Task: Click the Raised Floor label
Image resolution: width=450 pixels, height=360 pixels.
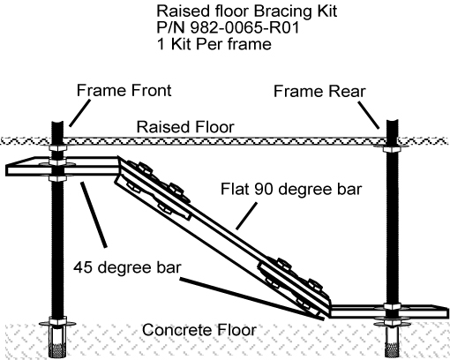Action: pyautogui.click(x=185, y=128)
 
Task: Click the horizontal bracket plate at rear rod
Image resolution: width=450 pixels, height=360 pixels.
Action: pyautogui.click(x=388, y=310)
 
